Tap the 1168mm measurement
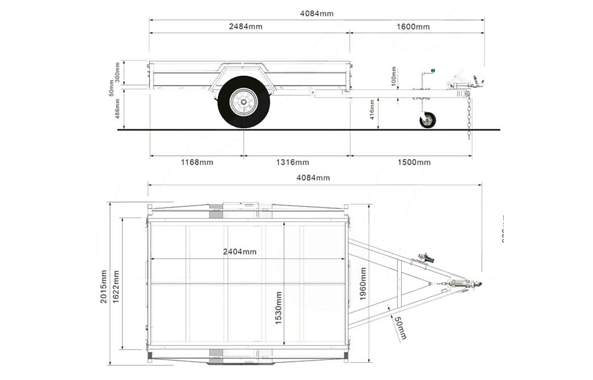coord(196,162)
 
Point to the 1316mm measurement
coord(292,162)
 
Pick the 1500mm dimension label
coord(413,162)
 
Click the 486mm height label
coord(117,109)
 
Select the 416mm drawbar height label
coord(372,110)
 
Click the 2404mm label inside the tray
coord(239,251)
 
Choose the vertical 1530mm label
coord(279,307)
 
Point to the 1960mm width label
coord(362,283)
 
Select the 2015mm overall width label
coord(103,286)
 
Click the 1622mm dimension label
coord(115,286)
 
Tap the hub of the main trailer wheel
coord(244,102)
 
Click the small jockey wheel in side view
coord(427,120)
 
